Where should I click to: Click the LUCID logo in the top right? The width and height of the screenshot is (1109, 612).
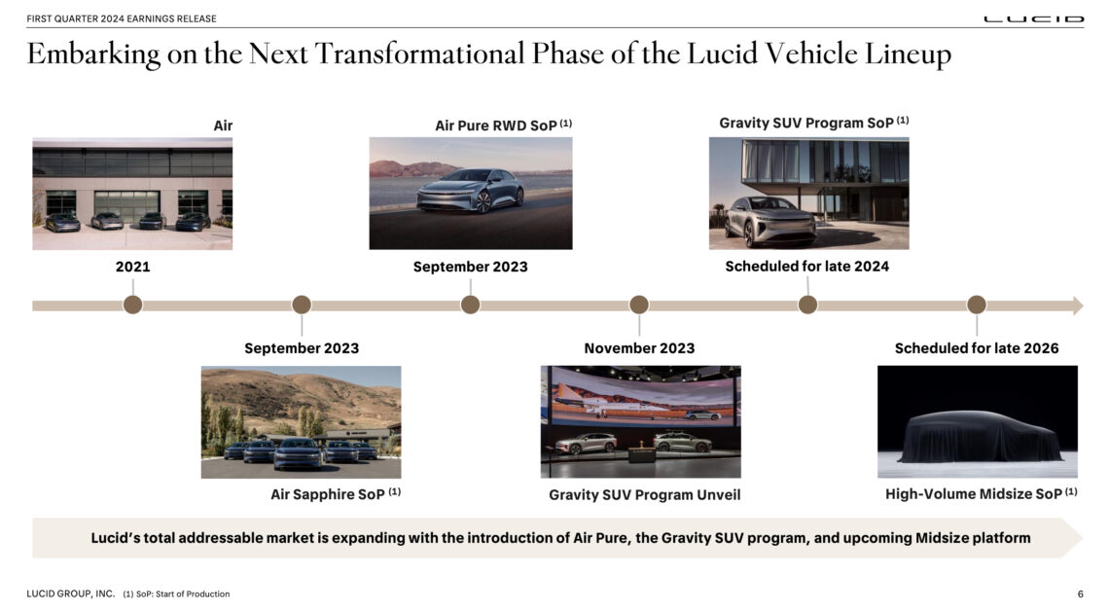pos(1033,18)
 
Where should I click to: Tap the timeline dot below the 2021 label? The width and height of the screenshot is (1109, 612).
pos(133,305)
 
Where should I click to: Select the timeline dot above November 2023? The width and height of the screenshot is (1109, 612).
pos(639,305)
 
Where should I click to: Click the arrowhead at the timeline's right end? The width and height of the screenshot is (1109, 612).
pos(1077,306)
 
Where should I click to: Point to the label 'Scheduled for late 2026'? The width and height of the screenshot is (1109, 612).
pos(977,348)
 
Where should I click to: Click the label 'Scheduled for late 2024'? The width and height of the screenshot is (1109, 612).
pos(806,266)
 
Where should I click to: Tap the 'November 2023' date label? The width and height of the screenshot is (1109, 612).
pos(639,348)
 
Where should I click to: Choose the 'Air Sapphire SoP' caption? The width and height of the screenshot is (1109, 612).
pos(328,494)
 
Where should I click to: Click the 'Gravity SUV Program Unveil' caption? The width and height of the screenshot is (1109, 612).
pos(644,495)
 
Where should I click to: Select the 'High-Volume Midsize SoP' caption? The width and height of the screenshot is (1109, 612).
pos(974,494)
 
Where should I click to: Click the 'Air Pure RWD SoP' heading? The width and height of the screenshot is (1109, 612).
pos(496,126)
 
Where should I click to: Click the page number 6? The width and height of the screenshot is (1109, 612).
pos(1080,594)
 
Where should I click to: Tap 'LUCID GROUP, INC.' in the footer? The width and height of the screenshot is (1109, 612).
pos(71,594)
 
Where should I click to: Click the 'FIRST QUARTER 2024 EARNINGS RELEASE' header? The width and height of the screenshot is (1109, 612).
pos(122,18)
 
